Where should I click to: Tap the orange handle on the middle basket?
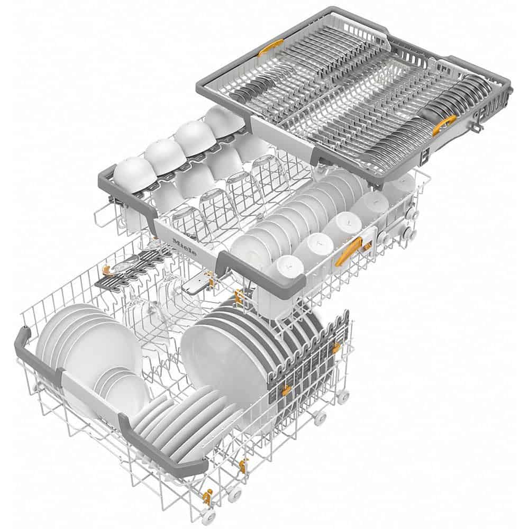click(348, 251)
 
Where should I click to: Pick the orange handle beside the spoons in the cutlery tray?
click(443, 126)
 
